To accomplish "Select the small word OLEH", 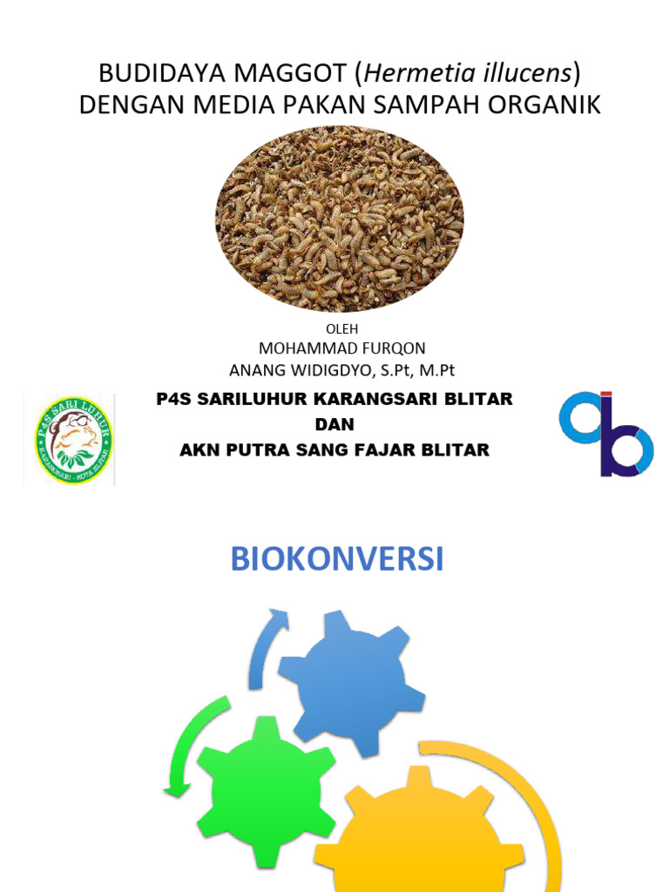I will [x=341, y=328].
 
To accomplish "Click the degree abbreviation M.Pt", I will [x=436, y=369].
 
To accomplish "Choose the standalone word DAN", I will [x=334, y=424].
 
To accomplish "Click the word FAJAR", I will [x=409, y=449].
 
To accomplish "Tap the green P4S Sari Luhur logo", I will [x=73, y=441].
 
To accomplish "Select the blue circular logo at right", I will [x=605, y=433].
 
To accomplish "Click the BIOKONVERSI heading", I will [x=337, y=559].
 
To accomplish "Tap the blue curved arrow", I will [x=264, y=648].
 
